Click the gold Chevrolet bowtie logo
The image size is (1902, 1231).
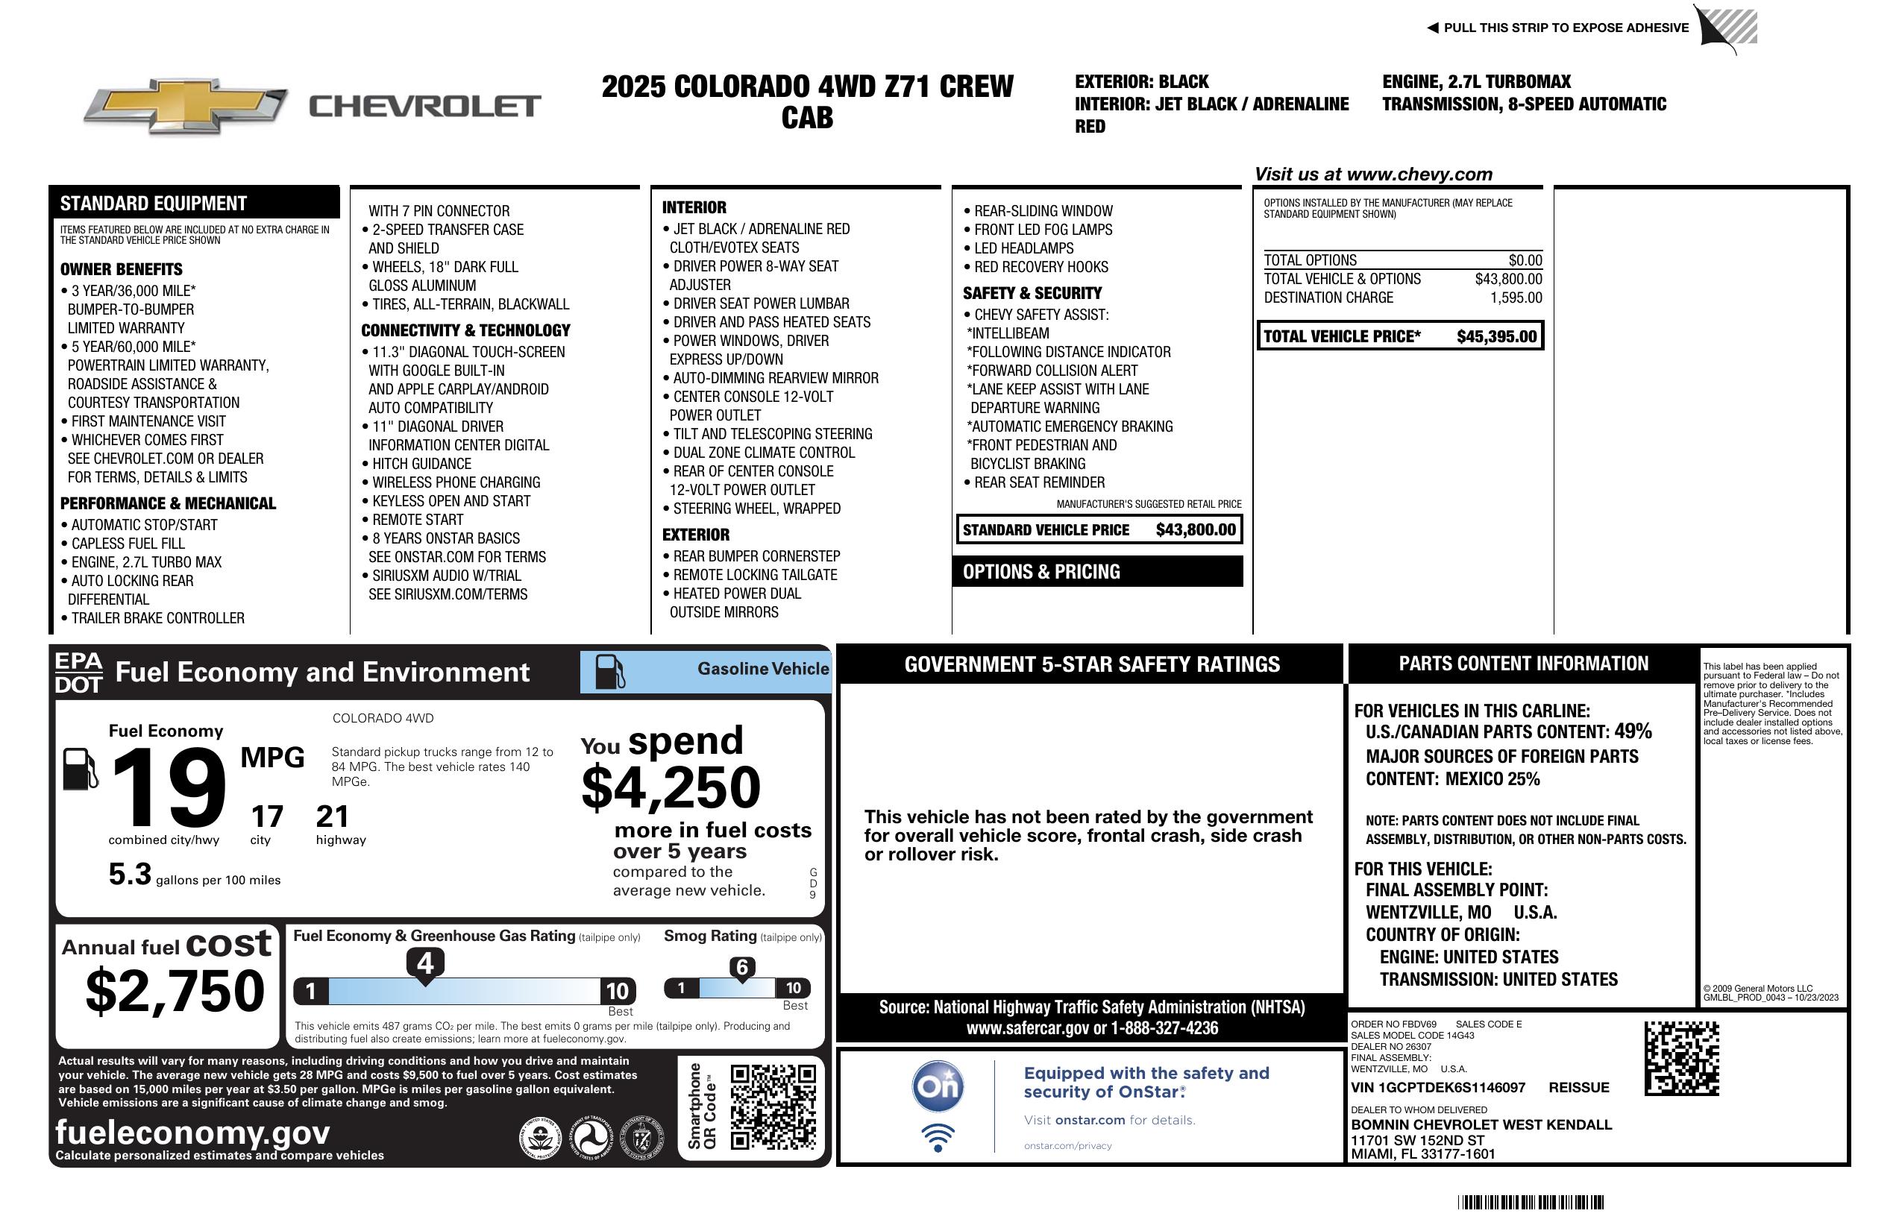(186, 106)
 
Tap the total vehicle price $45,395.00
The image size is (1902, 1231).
(1496, 336)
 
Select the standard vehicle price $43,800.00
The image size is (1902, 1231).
(1196, 529)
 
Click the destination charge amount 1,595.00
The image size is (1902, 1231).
(1515, 298)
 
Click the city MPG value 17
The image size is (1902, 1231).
(267, 816)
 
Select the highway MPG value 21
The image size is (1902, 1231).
(333, 816)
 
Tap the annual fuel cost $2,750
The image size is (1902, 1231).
(175, 991)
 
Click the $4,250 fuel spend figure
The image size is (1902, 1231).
(671, 787)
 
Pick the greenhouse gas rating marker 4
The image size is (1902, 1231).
(425, 963)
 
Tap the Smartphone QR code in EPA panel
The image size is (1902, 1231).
(773, 1106)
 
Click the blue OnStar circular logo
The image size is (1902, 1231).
(938, 1086)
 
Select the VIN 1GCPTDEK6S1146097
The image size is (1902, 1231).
(1438, 1088)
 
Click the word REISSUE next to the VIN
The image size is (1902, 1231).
(1578, 1088)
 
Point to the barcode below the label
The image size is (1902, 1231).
(1530, 1202)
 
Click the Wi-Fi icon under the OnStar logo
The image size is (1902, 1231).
(938, 1137)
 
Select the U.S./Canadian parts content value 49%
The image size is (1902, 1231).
(1632, 731)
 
